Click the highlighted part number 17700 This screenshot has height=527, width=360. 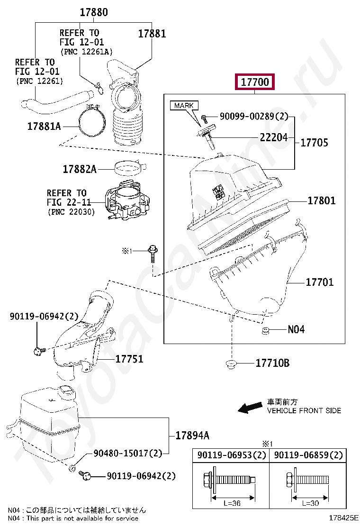(255, 82)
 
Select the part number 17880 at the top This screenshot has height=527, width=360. (93, 13)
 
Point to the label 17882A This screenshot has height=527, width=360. (80, 169)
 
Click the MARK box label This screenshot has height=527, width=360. (184, 105)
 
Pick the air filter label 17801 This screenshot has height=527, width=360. (321, 200)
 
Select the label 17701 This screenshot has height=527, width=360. (319, 282)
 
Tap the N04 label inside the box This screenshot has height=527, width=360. (296, 329)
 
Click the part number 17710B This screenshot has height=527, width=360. (272, 363)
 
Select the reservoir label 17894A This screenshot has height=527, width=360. (192, 436)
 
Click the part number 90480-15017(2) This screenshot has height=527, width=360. (127, 454)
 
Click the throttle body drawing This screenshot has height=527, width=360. (126, 201)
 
